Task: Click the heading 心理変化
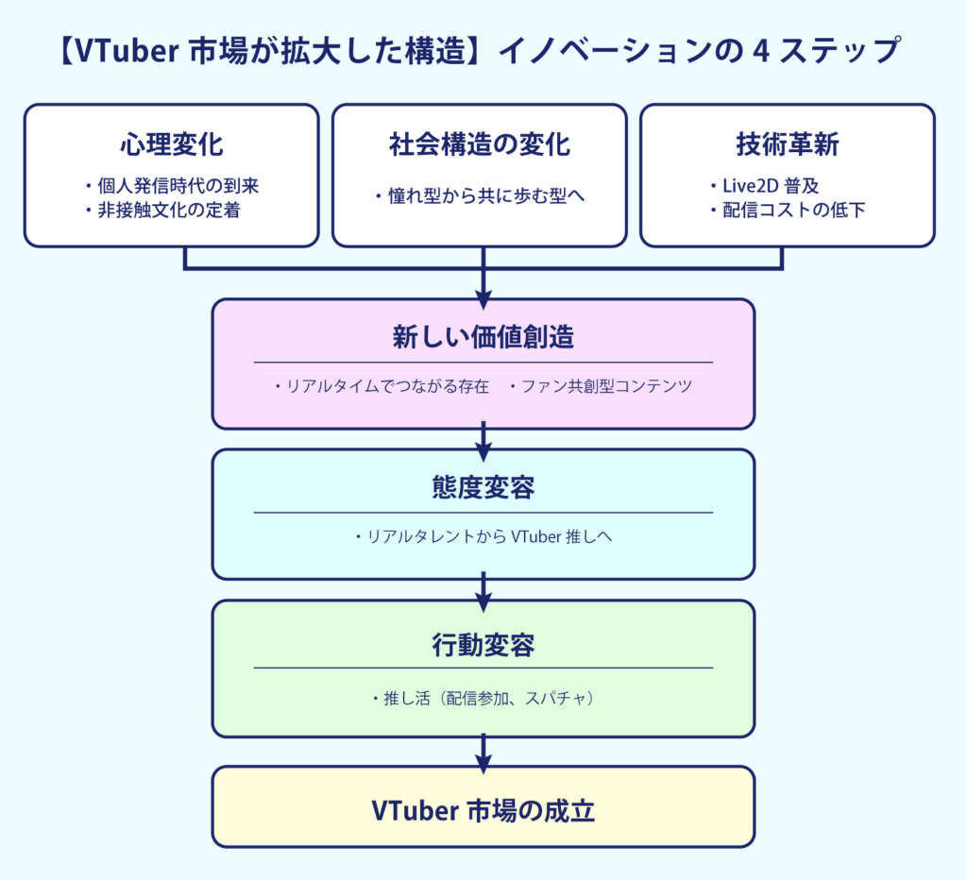[172, 144]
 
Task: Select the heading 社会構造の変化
[479, 144]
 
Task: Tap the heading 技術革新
[787, 144]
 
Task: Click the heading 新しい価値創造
[483, 337]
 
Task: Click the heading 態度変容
[483, 488]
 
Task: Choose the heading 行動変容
[483, 645]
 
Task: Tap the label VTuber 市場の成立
[483, 810]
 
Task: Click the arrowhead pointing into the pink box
[483, 301]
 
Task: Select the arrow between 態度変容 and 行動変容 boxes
[483, 591]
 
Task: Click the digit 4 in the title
[762, 51]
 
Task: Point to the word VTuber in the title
[127, 51]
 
